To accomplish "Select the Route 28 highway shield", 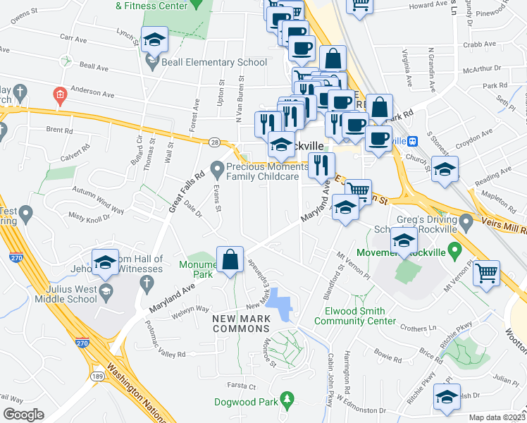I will (213, 142).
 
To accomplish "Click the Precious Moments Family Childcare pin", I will (217, 170).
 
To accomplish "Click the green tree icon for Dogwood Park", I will (286, 401).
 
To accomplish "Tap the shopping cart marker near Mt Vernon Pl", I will (487, 274).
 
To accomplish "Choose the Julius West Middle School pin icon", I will (106, 291).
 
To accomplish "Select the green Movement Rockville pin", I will (455, 250).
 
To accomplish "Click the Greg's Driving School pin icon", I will (466, 224).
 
